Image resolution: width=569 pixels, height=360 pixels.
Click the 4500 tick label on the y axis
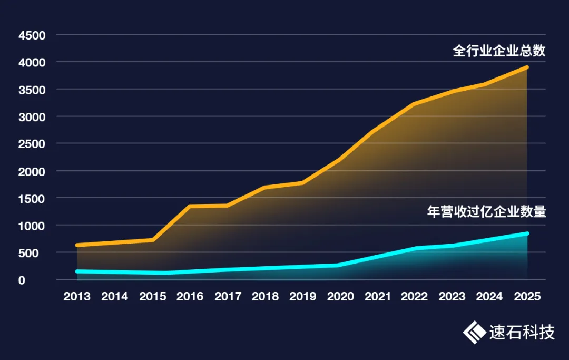click(x=32, y=35)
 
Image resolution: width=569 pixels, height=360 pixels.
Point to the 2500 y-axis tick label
click(x=32, y=144)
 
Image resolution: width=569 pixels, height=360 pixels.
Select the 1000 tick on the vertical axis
click(x=32, y=226)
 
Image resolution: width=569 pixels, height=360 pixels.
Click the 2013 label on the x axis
click(x=76, y=297)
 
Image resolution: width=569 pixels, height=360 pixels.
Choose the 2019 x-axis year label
click(x=303, y=297)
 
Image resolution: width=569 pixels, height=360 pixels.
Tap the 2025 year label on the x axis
click(x=527, y=297)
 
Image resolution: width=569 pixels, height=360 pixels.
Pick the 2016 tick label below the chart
click(x=190, y=297)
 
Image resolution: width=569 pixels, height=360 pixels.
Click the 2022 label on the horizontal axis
click(x=415, y=297)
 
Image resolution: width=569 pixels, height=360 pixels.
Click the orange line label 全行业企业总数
click(x=499, y=51)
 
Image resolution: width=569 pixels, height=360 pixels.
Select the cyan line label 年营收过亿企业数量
click(x=486, y=212)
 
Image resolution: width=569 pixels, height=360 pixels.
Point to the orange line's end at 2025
click(x=527, y=67)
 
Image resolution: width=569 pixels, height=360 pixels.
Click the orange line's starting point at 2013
click(x=77, y=245)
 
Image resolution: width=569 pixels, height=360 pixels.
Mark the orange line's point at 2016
click(x=190, y=206)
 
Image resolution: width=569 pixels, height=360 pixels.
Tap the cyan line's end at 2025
click(x=527, y=233)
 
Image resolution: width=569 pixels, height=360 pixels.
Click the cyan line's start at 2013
click(x=77, y=271)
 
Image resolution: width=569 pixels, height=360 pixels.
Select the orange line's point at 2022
click(x=415, y=104)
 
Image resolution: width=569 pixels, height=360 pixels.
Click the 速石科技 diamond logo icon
click(x=474, y=332)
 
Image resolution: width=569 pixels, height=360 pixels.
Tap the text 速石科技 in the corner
click(x=522, y=333)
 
